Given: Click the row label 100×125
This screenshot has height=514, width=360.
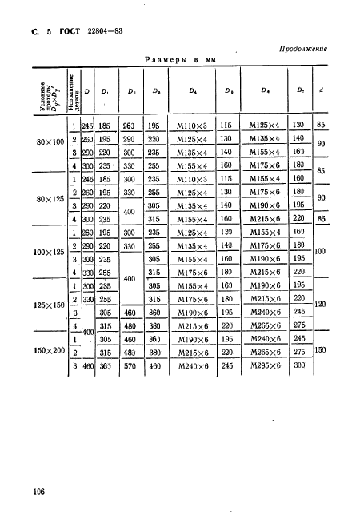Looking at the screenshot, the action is point(50,253).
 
